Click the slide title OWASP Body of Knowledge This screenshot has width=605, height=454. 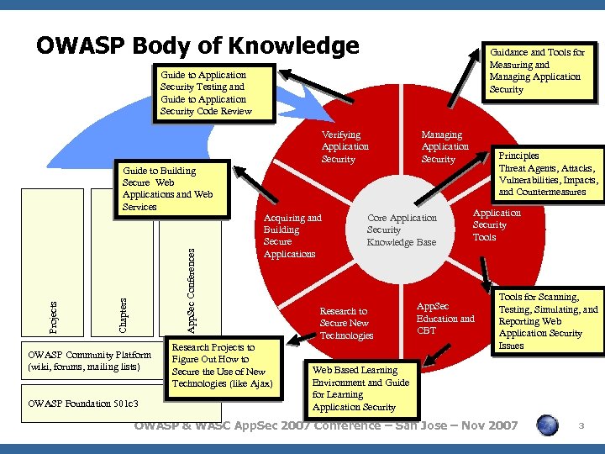(x=197, y=45)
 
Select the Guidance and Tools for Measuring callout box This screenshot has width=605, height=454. (x=536, y=71)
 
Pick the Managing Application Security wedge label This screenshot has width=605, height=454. (x=445, y=146)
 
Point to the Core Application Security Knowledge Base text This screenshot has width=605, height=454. (x=402, y=230)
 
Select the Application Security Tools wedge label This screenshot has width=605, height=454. (x=496, y=224)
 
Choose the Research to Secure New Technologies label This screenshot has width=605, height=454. (x=345, y=323)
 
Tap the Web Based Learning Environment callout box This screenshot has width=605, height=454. (x=360, y=388)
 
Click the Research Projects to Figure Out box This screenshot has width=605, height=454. (x=224, y=366)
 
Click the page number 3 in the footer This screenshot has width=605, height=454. (x=581, y=428)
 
